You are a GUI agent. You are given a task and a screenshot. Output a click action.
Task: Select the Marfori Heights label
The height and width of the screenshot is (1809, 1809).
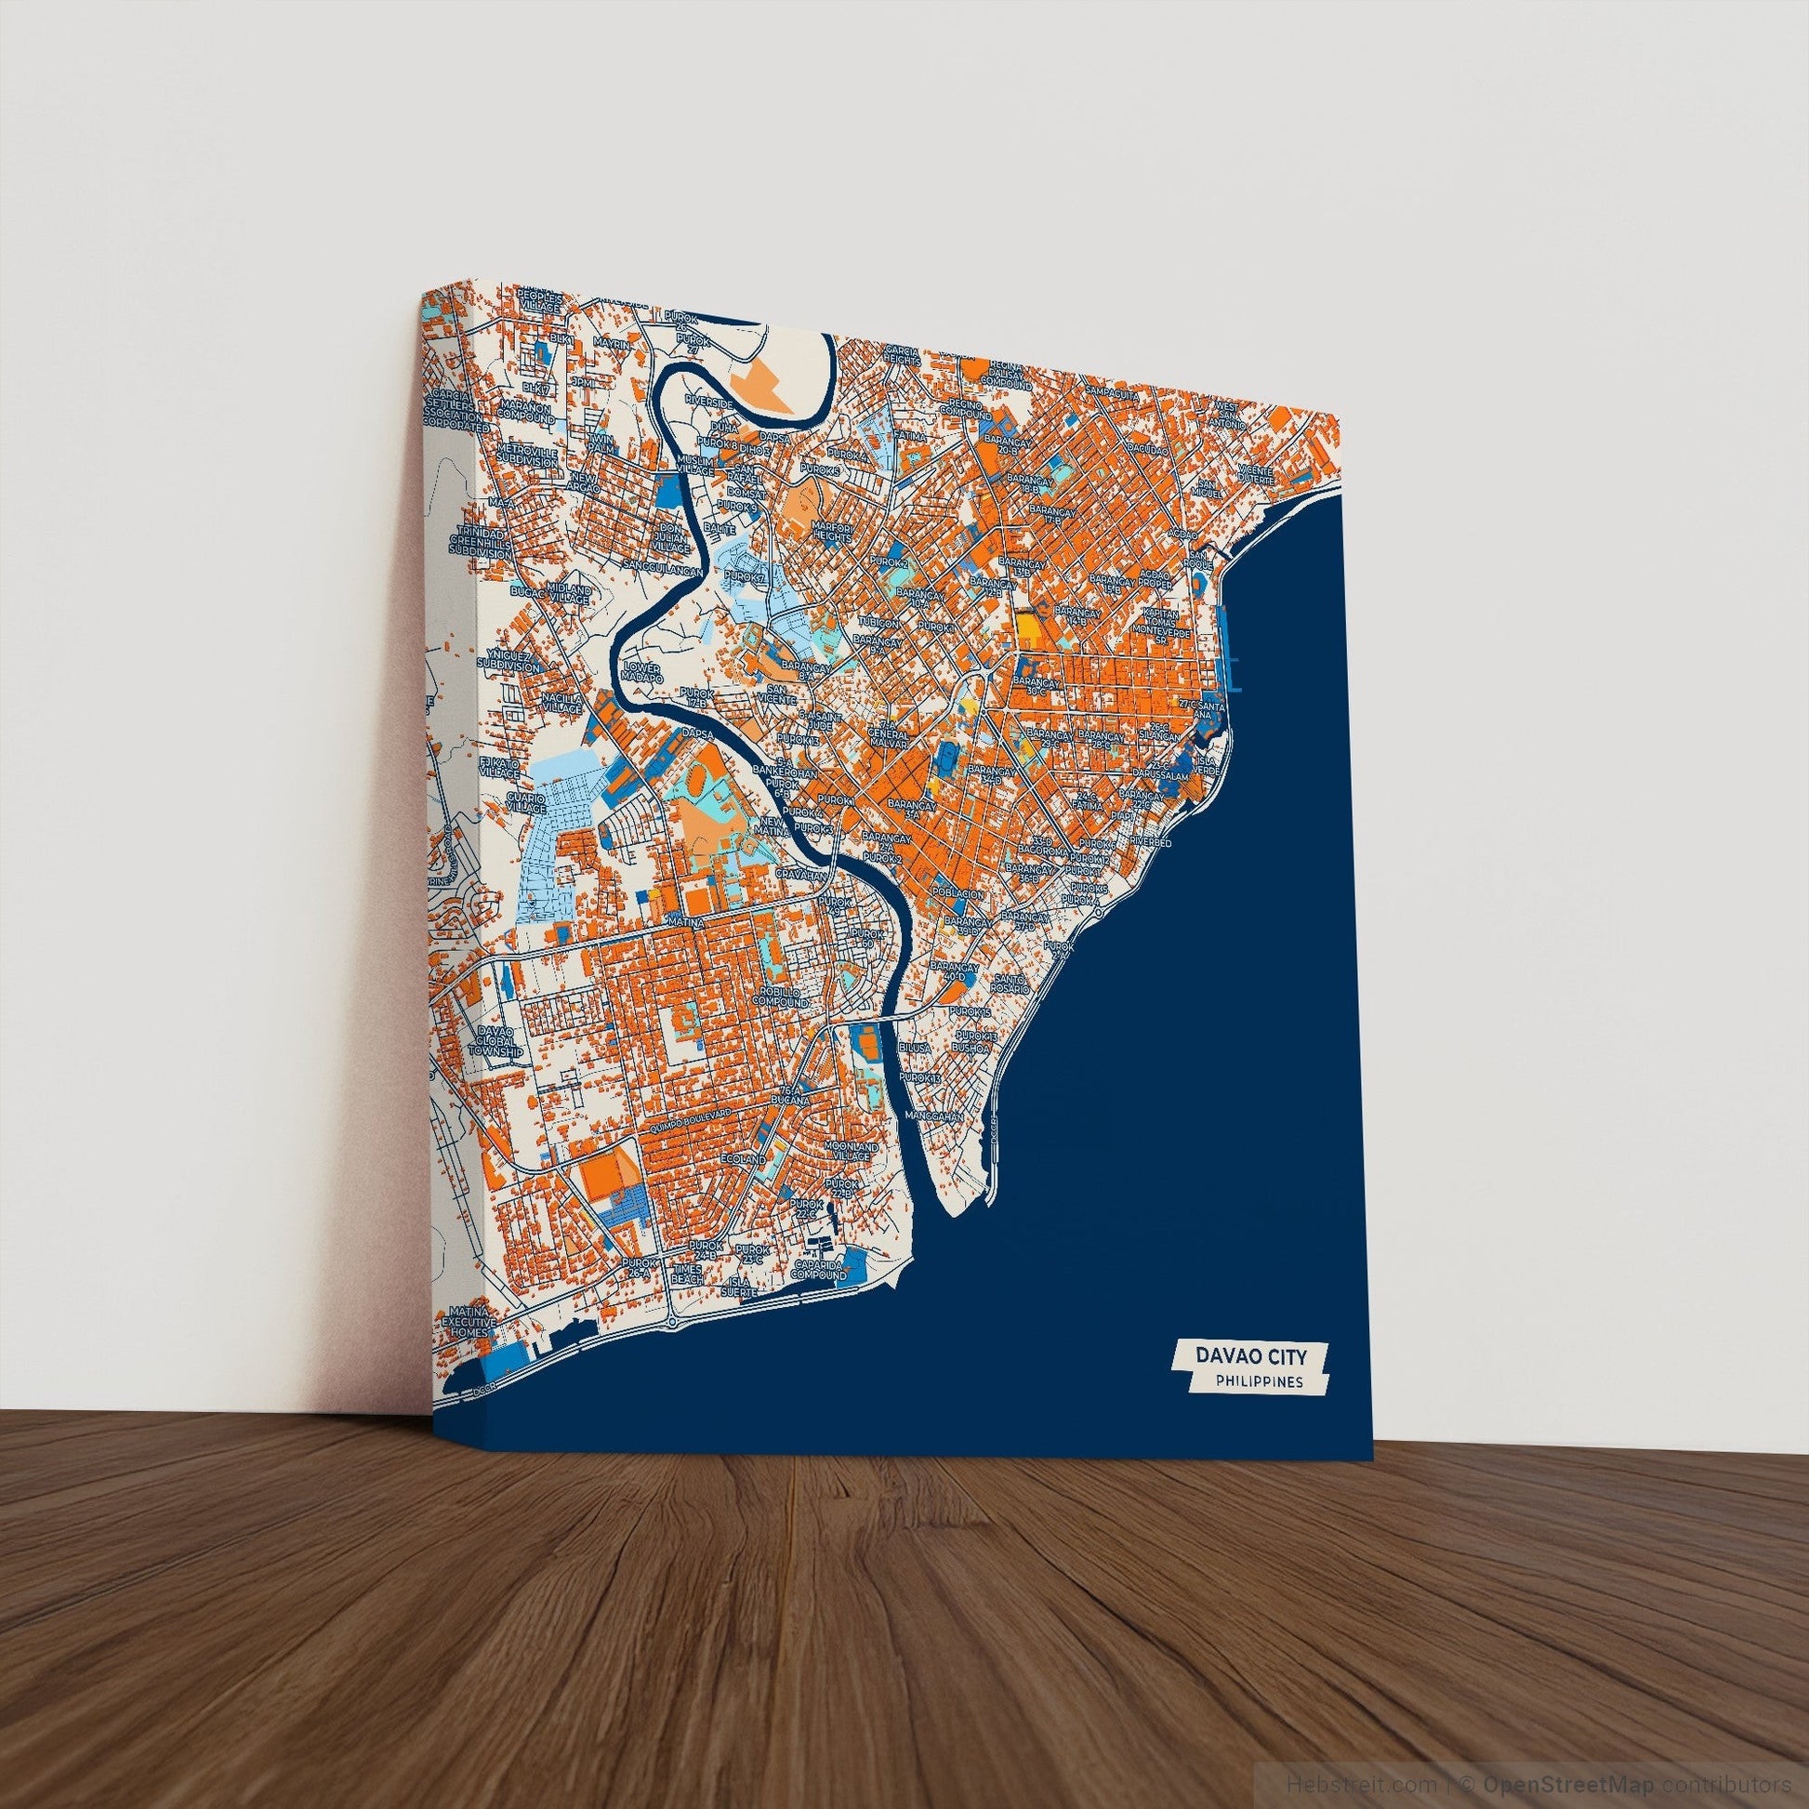point(832,533)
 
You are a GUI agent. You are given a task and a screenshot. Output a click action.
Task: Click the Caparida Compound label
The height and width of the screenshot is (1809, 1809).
point(819,1270)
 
